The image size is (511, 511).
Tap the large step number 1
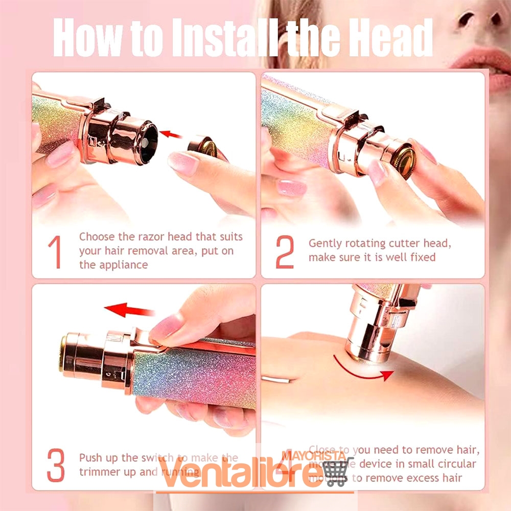point(55,253)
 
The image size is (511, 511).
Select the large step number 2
point(285,253)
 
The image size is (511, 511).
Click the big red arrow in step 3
point(129,310)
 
